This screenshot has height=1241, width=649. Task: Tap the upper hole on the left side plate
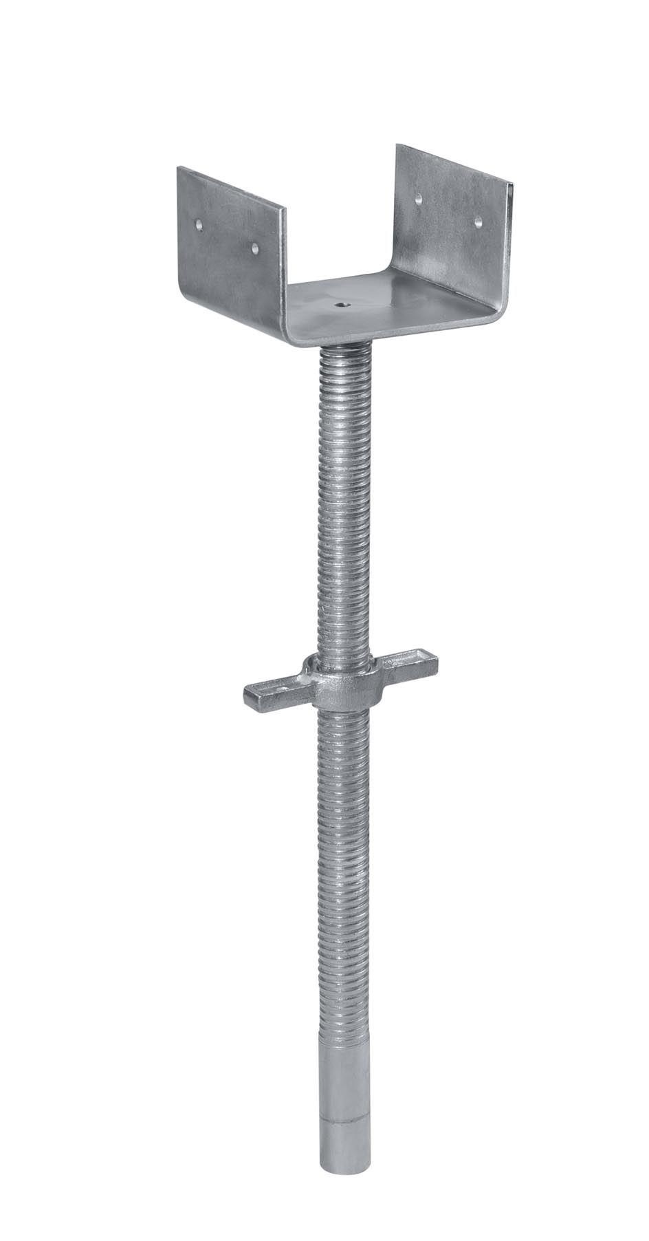pos(198,224)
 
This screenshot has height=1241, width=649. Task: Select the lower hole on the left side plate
pos(254,246)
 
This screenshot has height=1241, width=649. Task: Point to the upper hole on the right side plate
pos(419,199)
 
